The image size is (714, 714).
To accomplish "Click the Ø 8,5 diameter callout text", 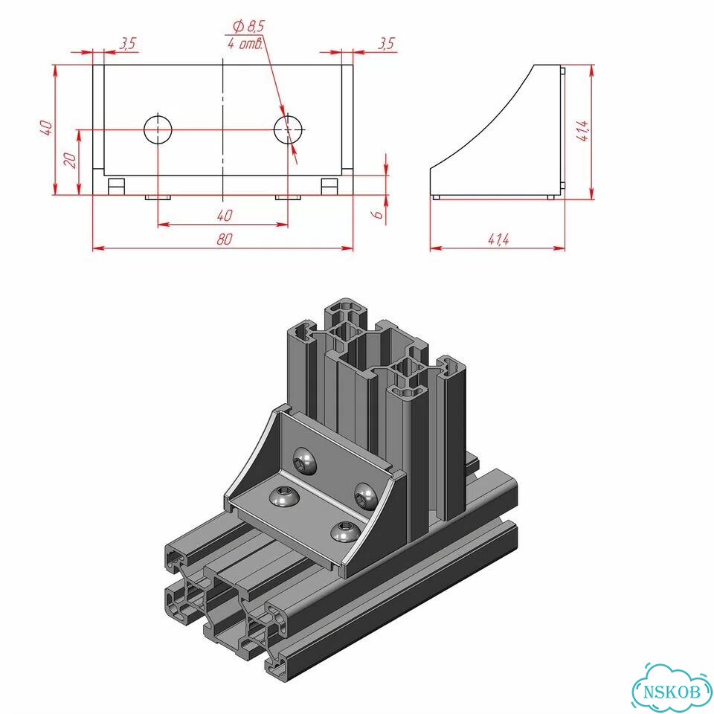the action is tap(248, 27).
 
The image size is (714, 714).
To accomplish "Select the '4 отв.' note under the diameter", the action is tap(245, 44).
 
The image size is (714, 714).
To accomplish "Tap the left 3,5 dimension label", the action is tap(128, 44).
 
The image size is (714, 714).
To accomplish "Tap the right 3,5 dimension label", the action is tap(386, 44).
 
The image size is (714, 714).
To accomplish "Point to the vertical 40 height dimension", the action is tap(46, 128).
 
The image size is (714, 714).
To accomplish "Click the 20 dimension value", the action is tap(70, 161).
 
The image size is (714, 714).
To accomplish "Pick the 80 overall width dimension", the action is tap(224, 239).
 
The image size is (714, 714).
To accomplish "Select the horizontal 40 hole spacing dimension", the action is tap(224, 216).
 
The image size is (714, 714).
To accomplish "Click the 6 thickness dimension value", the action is tap(379, 214).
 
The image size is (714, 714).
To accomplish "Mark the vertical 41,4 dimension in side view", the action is tap(584, 131).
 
